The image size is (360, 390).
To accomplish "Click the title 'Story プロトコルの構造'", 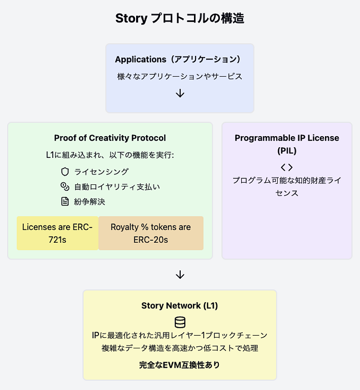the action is click(x=180, y=18).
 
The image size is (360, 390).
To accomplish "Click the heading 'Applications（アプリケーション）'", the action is click(x=178, y=59).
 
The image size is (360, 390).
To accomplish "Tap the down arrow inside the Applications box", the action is click(x=180, y=93).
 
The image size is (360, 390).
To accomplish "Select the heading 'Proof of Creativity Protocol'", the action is click(x=110, y=138).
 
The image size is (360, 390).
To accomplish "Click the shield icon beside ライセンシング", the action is click(x=65, y=172).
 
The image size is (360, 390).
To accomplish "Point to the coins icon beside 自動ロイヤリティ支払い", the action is click(x=65, y=186).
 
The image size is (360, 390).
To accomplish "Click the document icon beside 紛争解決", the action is click(x=65, y=202).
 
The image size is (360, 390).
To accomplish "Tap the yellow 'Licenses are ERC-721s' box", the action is click(x=57, y=233).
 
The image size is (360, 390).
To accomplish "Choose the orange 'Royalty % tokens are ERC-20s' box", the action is click(x=151, y=233).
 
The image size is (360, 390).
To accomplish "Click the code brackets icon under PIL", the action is click(x=287, y=168).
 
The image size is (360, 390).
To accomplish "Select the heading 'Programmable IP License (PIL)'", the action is click(x=287, y=144).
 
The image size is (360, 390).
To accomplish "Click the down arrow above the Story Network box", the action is click(x=180, y=275).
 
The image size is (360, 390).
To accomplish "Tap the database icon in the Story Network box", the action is click(x=180, y=322).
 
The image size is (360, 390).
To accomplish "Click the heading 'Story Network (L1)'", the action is click(x=180, y=306).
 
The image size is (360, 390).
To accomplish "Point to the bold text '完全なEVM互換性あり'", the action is click(x=180, y=365).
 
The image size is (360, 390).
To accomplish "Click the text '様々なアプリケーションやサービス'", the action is click(x=180, y=76).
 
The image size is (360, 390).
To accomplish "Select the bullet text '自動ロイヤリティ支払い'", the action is click(x=117, y=187).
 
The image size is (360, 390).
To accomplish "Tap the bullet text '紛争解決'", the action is click(x=89, y=202).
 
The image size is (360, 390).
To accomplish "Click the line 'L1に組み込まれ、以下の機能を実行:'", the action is click(x=110, y=155).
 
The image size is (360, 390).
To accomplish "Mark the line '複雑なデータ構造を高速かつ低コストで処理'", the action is click(x=180, y=348).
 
